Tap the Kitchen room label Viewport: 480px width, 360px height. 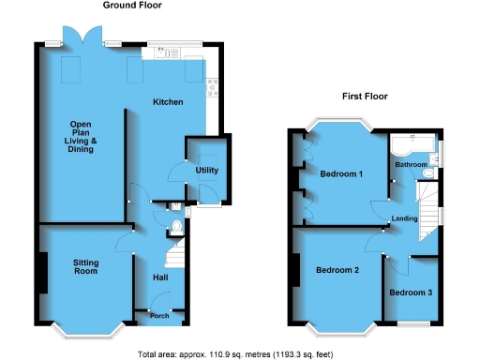[169, 101]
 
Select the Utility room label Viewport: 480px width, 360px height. [206, 170]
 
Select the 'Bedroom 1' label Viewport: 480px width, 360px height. [341, 173]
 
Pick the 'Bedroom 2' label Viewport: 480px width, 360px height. [337, 271]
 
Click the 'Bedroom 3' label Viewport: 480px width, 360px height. [411, 292]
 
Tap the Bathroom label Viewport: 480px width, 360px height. [411, 165]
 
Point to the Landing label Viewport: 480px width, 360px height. [405, 218]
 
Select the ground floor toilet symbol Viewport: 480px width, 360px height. [177, 226]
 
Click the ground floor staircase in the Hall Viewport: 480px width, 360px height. [172, 251]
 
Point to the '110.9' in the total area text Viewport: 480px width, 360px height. [212, 353]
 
